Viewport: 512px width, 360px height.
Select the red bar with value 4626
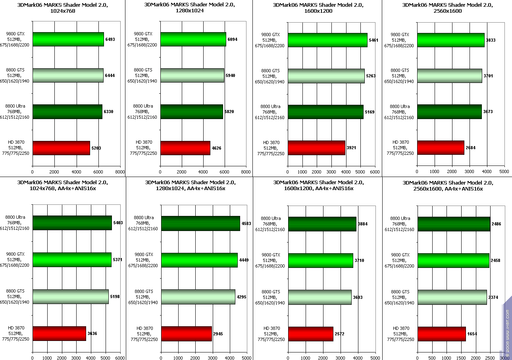185,148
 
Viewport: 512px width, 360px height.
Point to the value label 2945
218,334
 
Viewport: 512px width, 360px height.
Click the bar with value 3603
320,297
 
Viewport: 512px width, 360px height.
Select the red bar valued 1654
442,334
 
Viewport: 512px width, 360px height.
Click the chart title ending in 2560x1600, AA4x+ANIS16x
448,186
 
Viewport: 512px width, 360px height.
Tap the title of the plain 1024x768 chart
63,8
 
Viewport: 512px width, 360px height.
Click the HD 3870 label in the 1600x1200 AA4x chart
272,334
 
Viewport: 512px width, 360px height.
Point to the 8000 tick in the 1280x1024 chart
246,172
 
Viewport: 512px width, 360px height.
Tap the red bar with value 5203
61,148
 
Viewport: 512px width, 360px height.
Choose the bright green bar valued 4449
199,260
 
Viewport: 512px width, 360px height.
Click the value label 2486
496,224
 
